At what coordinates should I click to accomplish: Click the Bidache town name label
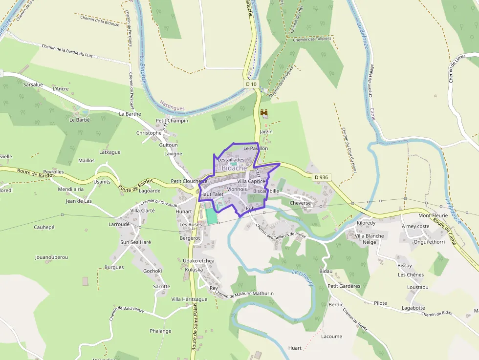pyautogui.click(x=234, y=168)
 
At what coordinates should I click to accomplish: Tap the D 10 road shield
pyautogui.click(x=251, y=84)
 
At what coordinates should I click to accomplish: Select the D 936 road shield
pyautogui.click(x=321, y=177)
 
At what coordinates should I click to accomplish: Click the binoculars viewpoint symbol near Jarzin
pyautogui.click(x=264, y=113)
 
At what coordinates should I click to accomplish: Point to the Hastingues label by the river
pyautogui.click(x=173, y=104)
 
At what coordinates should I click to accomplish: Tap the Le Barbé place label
pyautogui.click(x=80, y=120)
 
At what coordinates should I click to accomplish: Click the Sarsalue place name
pyautogui.click(x=33, y=85)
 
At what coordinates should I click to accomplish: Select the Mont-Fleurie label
pyautogui.click(x=433, y=215)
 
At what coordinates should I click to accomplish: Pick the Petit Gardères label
pyautogui.click(x=344, y=286)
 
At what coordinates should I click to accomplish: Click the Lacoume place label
pyautogui.click(x=331, y=337)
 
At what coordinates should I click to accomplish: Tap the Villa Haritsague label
pyautogui.click(x=189, y=299)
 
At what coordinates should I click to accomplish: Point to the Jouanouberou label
pyautogui.click(x=51, y=257)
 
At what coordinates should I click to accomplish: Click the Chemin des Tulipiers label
pyautogui.click(x=312, y=39)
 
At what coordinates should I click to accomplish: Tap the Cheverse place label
pyautogui.click(x=300, y=203)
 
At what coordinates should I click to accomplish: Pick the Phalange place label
pyautogui.click(x=160, y=331)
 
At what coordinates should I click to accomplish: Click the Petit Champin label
pyautogui.click(x=172, y=121)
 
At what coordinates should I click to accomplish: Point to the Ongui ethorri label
pyautogui.click(x=429, y=242)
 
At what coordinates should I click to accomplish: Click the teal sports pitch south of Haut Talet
pyautogui.click(x=211, y=216)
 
